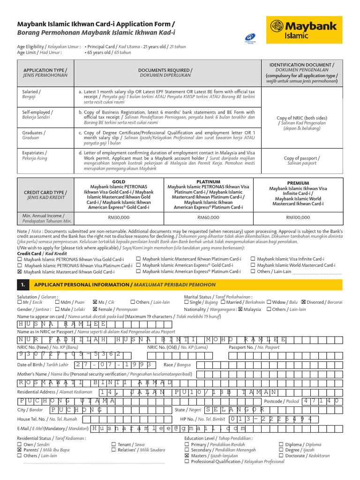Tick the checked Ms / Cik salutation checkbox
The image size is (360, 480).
coord(96,302)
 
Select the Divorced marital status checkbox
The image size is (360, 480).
coord(303,302)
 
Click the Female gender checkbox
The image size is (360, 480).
coord(96,309)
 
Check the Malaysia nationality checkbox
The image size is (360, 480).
coord(240,309)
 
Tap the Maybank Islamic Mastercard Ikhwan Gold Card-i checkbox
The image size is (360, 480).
coord(19,272)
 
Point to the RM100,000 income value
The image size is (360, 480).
coord(298,217)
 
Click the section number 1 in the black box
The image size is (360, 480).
coord(22,284)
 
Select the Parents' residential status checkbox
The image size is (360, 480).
coord(19,449)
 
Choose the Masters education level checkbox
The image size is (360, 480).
coord(187,455)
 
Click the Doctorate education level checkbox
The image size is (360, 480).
coord(281,455)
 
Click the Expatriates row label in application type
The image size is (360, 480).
coord(35,153)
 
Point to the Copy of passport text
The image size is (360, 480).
coord(302,159)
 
